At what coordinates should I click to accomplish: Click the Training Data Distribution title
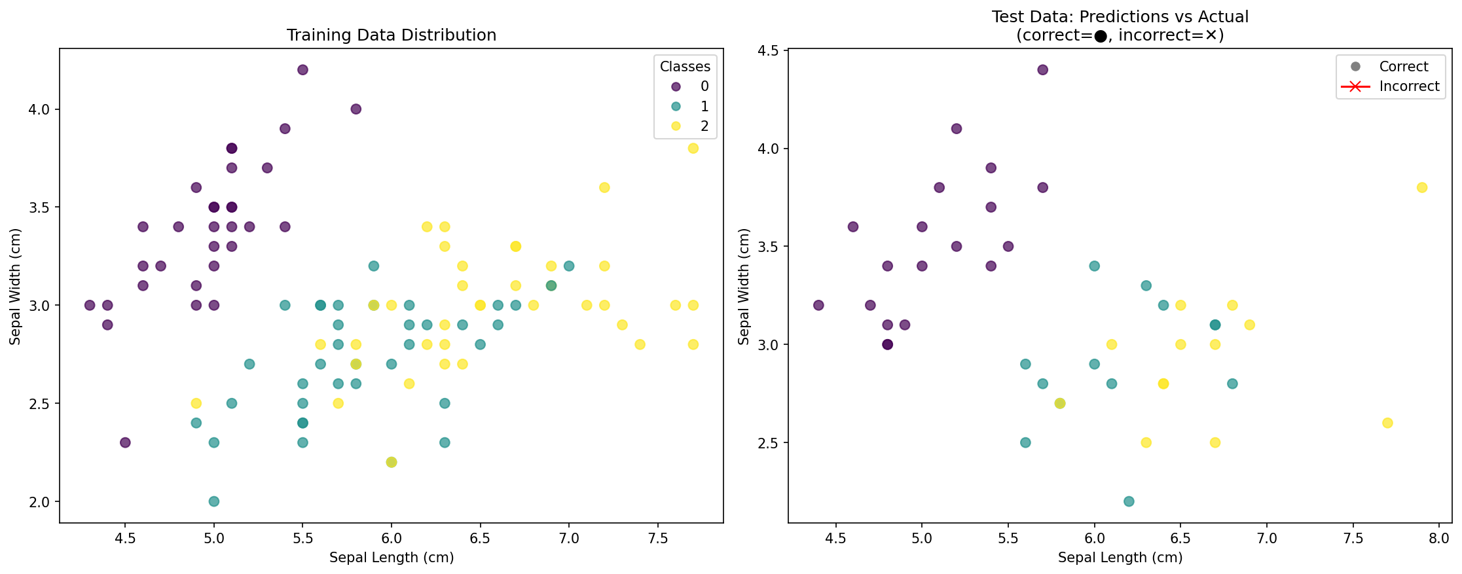(x=391, y=35)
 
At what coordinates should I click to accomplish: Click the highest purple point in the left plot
(x=302, y=70)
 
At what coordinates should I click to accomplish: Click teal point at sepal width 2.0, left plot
(x=214, y=501)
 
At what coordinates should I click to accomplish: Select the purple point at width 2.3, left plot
(x=125, y=442)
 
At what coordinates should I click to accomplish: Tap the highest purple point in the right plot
(x=1043, y=70)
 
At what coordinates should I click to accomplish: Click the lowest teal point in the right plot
(x=1129, y=501)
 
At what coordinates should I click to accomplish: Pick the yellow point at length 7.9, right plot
(x=1422, y=188)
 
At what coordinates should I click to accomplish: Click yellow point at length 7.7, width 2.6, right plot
(x=1387, y=423)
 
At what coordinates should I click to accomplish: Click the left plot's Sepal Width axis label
(x=16, y=286)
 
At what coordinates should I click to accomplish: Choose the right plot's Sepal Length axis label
(x=1120, y=558)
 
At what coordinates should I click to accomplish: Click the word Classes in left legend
(x=685, y=66)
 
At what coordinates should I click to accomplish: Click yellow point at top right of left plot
(x=693, y=149)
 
